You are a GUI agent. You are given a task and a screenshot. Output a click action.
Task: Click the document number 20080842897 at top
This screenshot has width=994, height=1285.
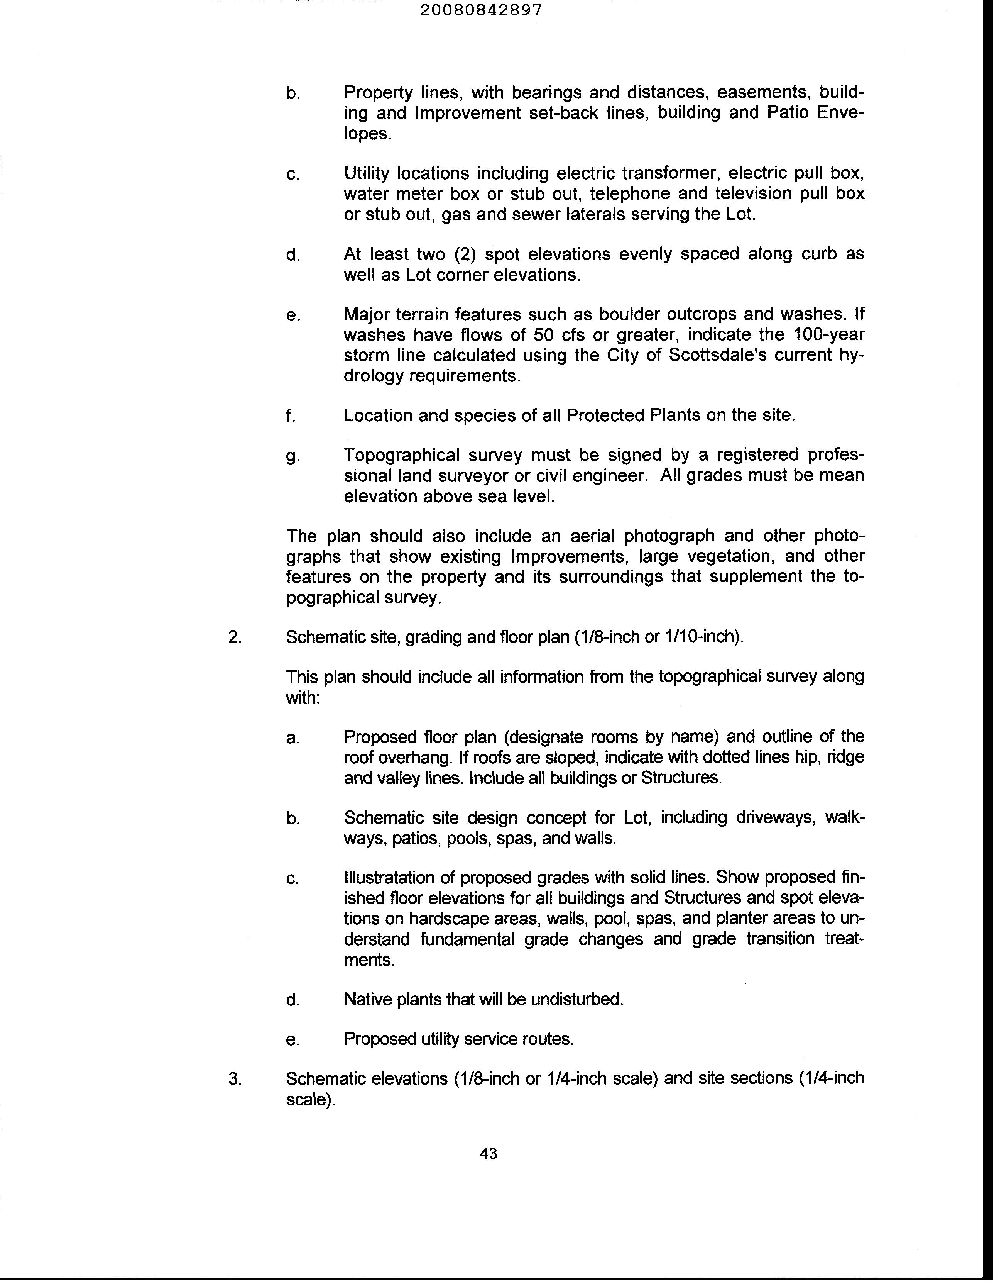[x=481, y=10]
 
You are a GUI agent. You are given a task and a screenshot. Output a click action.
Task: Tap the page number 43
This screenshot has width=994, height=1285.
[x=488, y=1154]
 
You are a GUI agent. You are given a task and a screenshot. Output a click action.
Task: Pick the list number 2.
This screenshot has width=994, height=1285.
[x=235, y=637]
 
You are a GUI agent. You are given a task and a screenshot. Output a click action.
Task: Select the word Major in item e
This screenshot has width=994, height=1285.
[x=368, y=314]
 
